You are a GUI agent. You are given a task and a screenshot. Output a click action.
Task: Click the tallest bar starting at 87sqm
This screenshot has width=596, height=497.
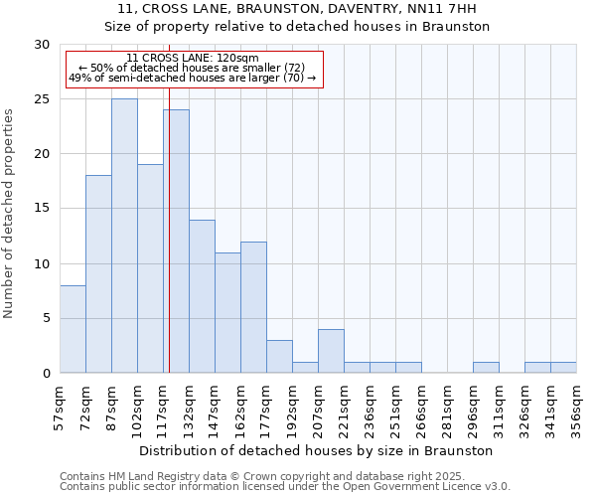coord(124,236)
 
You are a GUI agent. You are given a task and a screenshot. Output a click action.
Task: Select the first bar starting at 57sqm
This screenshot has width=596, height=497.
coord(73,329)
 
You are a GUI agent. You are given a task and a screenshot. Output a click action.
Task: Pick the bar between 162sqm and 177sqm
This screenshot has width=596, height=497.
coord(253,307)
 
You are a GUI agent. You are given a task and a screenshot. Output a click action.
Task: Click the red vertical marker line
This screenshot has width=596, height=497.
coord(169,248)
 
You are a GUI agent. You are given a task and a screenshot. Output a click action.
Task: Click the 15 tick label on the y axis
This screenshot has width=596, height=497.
coord(41,209)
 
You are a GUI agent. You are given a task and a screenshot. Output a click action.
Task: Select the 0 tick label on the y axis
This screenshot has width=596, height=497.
coord(45,374)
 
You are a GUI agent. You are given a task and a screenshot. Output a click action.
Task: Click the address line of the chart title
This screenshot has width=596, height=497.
coord(297,9)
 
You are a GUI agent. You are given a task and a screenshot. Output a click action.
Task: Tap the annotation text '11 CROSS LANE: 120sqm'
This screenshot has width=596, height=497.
coord(193,59)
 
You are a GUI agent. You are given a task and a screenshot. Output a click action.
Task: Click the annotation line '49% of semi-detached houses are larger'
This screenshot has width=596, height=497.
coord(193,78)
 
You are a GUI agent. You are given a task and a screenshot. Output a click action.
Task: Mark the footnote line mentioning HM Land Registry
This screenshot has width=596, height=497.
coord(284,476)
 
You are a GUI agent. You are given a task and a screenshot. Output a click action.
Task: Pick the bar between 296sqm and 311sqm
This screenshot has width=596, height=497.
coord(486,368)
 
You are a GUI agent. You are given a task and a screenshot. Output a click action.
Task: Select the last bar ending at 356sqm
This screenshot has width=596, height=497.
coord(563,368)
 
